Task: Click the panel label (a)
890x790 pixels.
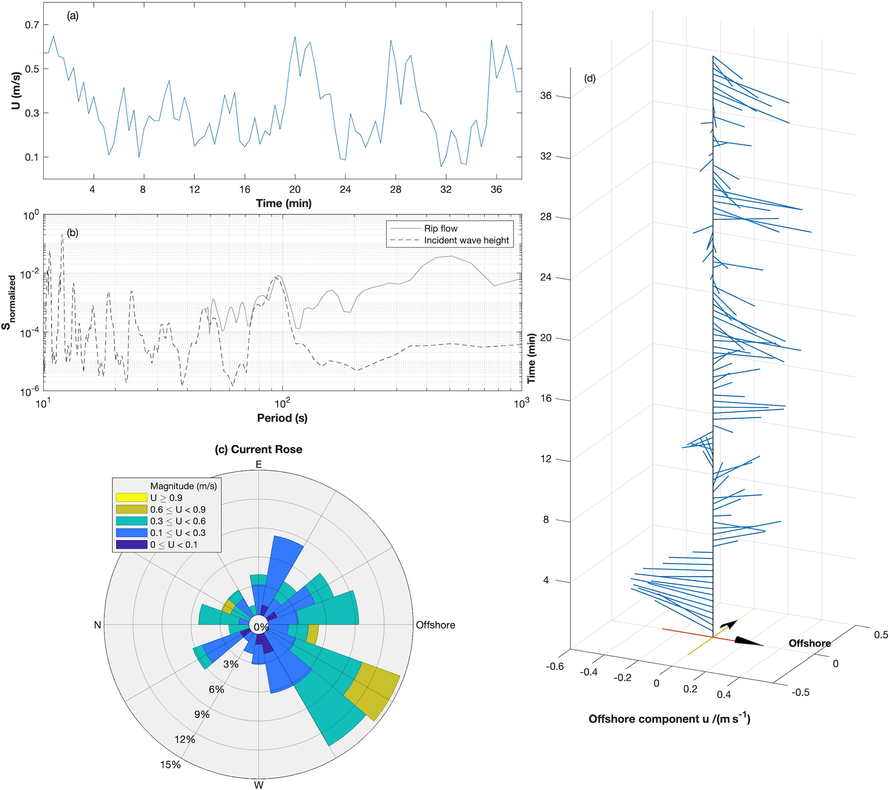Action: (72, 16)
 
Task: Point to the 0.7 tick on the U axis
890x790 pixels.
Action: (31, 25)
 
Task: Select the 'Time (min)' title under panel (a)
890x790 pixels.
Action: (283, 203)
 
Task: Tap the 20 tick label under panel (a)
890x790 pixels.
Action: (295, 189)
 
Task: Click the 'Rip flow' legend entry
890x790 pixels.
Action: (440, 229)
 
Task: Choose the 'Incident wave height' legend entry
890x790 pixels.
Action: (466, 240)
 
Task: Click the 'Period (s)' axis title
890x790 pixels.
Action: (282, 418)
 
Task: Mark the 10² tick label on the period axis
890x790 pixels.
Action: (282, 404)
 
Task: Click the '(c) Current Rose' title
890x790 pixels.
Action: (258, 449)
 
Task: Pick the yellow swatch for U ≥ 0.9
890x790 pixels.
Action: (131, 498)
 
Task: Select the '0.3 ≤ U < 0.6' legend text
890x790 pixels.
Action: (178, 521)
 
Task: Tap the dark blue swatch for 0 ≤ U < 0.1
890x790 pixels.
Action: (131, 545)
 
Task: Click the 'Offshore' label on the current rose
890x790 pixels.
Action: (435, 625)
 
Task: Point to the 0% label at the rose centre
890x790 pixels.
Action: (261, 627)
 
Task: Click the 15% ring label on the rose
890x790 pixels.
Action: (170, 765)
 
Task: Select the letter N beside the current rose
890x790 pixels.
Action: (98, 625)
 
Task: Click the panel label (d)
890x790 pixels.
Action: (589, 79)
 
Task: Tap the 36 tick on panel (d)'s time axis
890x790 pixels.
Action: (546, 96)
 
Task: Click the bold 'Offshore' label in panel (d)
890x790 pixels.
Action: (809, 643)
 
